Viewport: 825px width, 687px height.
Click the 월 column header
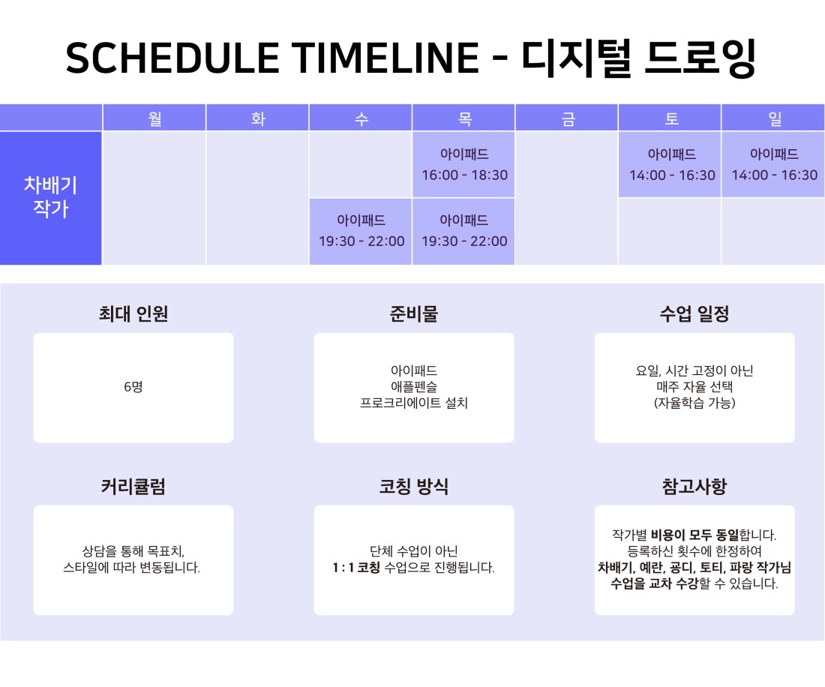[x=154, y=117]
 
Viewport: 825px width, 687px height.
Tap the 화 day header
[x=258, y=117]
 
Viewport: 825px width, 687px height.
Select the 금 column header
[x=567, y=117]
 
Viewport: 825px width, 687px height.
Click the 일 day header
[x=774, y=117]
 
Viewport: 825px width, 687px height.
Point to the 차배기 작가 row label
[x=50, y=198]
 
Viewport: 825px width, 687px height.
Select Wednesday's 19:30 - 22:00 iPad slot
[x=361, y=232]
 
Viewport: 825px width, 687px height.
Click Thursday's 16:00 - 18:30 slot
[x=464, y=165]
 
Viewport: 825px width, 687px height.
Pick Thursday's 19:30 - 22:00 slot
[x=464, y=232]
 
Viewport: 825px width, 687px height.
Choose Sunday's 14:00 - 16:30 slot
[x=774, y=165]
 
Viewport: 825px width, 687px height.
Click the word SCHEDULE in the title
[x=172, y=58]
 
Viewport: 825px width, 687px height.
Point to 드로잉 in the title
[x=700, y=58]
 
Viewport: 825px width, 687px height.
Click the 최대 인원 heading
[x=133, y=313]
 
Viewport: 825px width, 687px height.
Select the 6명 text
[x=133, y=387]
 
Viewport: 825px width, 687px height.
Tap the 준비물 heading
[x=413, y=313]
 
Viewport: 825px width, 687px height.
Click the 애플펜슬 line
[x=413, y=387]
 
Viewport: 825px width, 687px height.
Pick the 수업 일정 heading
[x=694, y=313]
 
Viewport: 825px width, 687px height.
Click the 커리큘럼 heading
[x=133, y=486]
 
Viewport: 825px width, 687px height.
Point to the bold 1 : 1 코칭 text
[x=356, y=567]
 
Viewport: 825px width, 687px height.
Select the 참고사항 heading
[x=694, y=486]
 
